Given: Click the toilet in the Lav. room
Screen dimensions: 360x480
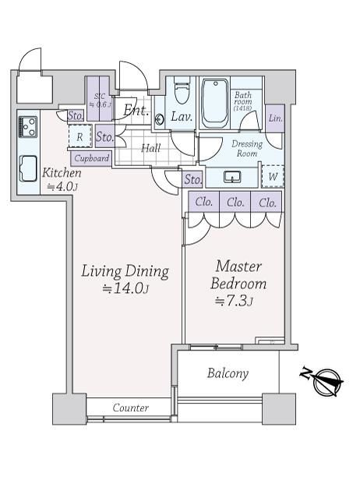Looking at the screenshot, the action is (182, 90).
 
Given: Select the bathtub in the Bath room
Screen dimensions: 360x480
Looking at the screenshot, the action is (215, 104).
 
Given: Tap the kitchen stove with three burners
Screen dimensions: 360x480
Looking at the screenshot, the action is (28, 126).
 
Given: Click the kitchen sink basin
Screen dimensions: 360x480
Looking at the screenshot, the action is (28, 168).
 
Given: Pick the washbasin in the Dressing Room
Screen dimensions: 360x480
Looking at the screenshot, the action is (232, 177).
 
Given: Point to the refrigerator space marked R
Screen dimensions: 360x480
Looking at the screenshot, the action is (80, 137).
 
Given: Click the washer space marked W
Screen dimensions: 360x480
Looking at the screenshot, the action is (273, 176).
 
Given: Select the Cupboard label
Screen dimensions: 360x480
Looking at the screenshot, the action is (92, 159).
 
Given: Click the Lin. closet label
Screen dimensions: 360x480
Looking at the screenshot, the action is (275, 118).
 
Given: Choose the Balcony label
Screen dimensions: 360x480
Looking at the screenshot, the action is (228, 373).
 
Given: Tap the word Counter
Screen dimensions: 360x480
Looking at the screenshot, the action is (131, 408).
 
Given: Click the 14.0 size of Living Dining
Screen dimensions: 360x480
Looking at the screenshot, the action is (125, 288).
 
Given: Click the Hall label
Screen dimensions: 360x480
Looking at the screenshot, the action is (151, 149).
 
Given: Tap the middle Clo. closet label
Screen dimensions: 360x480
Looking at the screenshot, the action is (235, 202).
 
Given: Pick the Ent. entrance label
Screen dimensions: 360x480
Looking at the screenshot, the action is (136, 111).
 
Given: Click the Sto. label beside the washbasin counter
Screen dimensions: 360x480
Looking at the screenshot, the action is (193, 179).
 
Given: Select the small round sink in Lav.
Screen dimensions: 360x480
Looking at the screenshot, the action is (159, 118).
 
